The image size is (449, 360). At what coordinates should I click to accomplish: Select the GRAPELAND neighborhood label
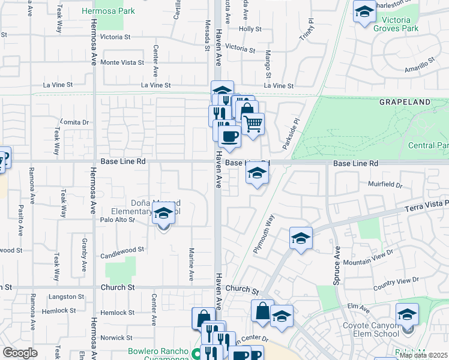405,103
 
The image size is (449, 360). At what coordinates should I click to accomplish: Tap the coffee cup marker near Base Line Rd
229,137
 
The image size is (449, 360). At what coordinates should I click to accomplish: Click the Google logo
20,353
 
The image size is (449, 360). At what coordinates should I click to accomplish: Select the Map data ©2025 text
423,355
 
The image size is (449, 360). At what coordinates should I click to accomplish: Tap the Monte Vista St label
122,62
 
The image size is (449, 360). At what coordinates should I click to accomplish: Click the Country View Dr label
396,281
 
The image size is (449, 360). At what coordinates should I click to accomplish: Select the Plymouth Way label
264,234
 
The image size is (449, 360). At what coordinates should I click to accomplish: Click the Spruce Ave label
337,266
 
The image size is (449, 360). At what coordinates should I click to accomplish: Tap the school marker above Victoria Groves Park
364,13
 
